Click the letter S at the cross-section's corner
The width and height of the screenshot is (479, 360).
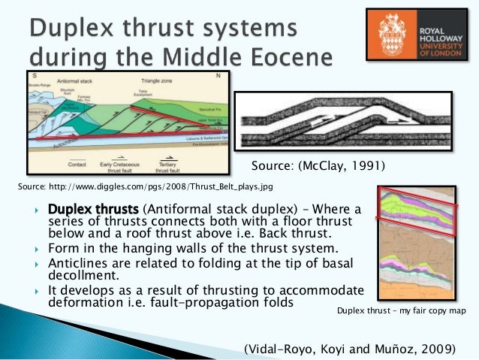tap(32, 75)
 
